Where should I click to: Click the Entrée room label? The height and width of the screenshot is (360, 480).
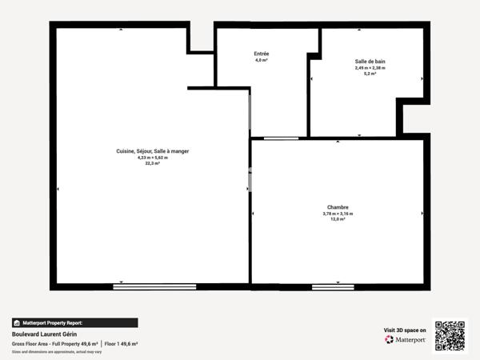pyautogui.click(x=262, y=54)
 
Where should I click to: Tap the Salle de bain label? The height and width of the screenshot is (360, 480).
pyautogui.click(x=370, y=61)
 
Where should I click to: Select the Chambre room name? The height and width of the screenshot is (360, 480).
pyautogui.click(x=337, y=207)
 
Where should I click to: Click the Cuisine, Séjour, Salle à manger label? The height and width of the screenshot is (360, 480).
pyautogui.click(x=152, y=151)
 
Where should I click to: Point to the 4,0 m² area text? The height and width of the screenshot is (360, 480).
pyautogui.click(x=262, y=60)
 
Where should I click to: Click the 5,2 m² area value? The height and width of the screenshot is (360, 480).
pyautogui.click(x=370, y=74)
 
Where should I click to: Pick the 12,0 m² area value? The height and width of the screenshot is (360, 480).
pyautogui.click(x=337, y=219)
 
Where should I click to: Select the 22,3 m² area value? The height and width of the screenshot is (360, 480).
pyautogui.click(x=152, y=163)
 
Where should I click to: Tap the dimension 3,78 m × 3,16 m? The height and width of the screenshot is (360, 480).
pyautogui.click(x=337, y=214)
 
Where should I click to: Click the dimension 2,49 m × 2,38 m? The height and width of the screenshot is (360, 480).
pyautogui.click(x=370, y=67)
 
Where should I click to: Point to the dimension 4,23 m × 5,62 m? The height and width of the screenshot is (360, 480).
pyautogui.click(x=152, y=158)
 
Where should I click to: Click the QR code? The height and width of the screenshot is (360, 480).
pyautogui.click(x=450, y=335)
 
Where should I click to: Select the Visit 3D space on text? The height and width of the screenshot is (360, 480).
pyautogui.click(x=406, y=329)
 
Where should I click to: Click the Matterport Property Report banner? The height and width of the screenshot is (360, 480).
pyautogui.click(x=74, y=322)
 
